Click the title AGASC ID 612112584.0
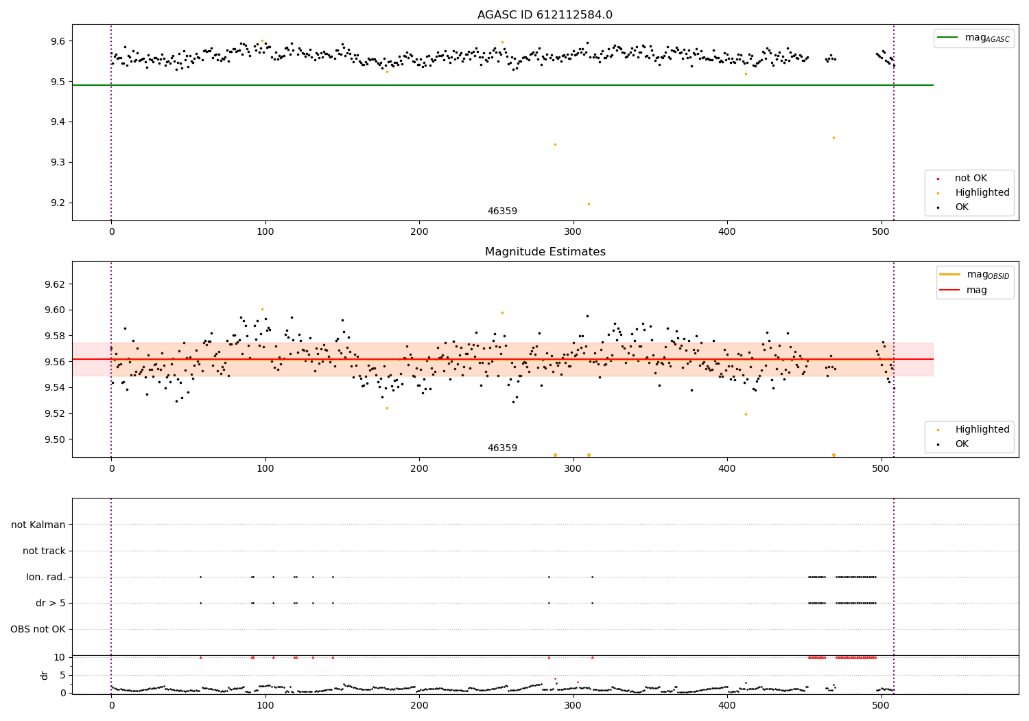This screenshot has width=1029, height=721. [545, 15]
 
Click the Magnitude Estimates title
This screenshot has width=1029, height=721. [545, 252]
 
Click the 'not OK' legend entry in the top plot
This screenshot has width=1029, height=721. [971, 179]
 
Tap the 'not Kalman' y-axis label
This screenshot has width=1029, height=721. [38, 525]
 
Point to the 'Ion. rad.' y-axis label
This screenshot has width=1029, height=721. [46, 577]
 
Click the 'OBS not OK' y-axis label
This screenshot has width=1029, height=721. [38, 630]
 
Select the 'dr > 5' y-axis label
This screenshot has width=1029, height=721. [50, 604]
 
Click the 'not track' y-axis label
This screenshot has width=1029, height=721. [44, 551]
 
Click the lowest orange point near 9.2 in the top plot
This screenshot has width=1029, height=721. [589, 204]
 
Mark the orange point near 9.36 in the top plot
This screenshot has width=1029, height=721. [833, 138]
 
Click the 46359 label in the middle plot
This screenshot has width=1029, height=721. [502, 448]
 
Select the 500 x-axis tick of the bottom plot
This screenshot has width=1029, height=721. [881, 705]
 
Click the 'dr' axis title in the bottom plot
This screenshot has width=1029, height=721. [45, 675]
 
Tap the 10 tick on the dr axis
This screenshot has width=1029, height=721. [60, 657]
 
